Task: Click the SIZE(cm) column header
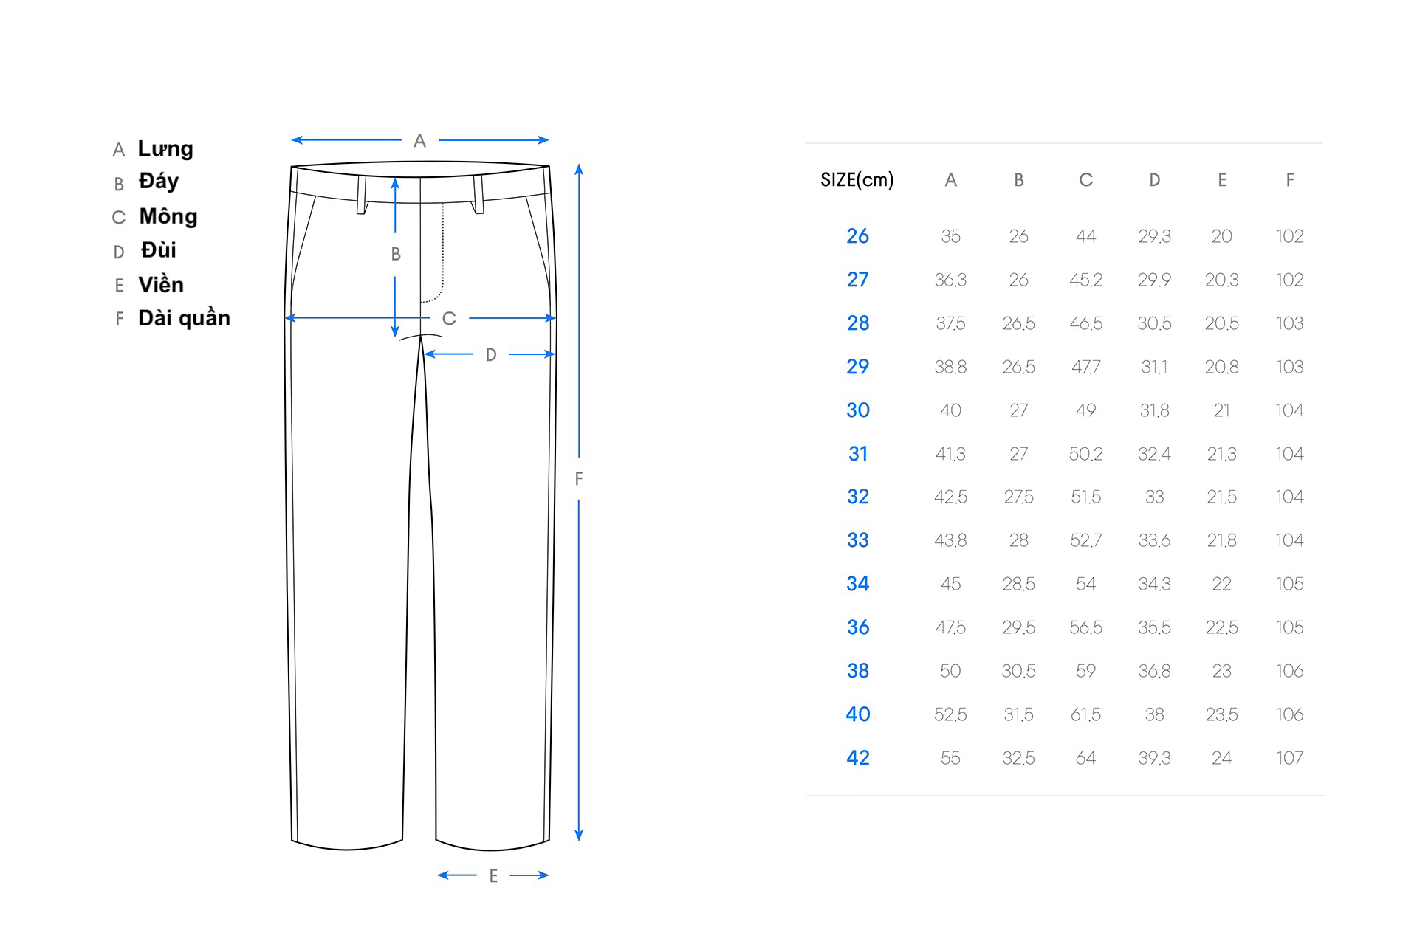tap(857, 180)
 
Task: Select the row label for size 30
tap(858, 410)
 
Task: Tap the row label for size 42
tap(858, 758)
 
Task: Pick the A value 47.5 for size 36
tap(950, 627)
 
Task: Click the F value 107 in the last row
tap(1289, 758)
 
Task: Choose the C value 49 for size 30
tap(1085, 410)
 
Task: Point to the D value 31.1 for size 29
tap(1154, 367)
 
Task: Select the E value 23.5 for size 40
tap(1221, 714)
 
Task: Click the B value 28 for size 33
tap(1018, 540)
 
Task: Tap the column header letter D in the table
tap(1154, 180)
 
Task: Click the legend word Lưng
tap(165, 148)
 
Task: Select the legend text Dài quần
tap(185, 318)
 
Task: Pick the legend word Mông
tap(168, 216)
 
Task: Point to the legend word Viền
tap(161, 284)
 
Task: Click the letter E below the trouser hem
tap(493, 876)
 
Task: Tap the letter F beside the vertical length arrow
tap(579, 479)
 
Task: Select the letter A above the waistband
tap(419, 140)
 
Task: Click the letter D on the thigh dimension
tap(491, 355)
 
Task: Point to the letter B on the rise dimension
tap(396, 254)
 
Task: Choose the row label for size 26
tap(858, 236)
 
